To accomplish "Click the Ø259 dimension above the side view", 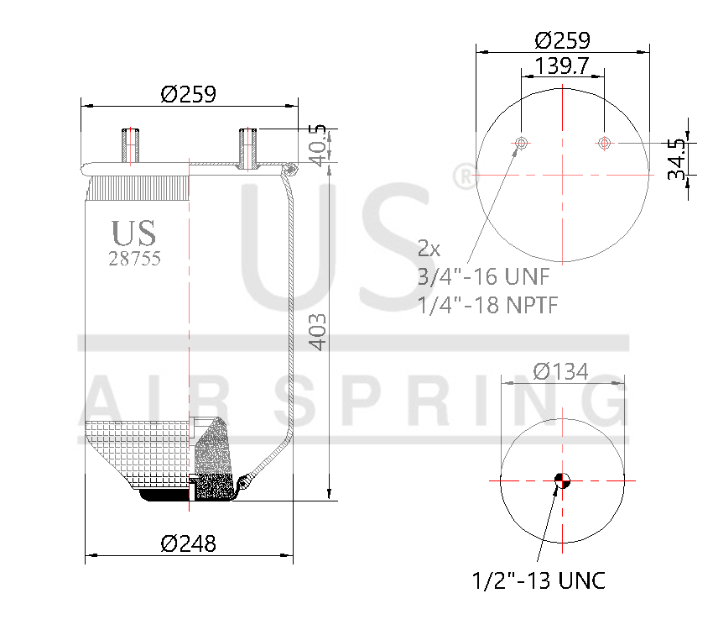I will point(188,94).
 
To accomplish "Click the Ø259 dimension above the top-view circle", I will point(562,39).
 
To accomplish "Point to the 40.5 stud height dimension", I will point(318,144).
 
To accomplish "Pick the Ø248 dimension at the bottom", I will point(188,543).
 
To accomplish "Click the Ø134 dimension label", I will point(560,371).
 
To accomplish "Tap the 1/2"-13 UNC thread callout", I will point(539,580).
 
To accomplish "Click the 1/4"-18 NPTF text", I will point(488,304).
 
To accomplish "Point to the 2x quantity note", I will point(429,249).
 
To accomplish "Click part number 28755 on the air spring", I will point(134,259).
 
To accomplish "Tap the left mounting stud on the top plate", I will point(130,147).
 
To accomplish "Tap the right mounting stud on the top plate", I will point(247,148).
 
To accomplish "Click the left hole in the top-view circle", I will point(522,144).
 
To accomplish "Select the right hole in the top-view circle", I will point(603,144).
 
